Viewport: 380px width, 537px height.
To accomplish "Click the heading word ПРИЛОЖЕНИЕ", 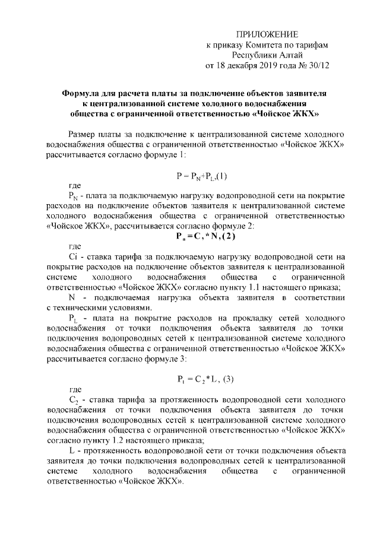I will pyautogui.click(x=267, y=34).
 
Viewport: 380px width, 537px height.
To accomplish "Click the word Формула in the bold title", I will pyautogui.click(x=82, y=93).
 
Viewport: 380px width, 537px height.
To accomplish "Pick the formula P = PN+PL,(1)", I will pyautogui.click(x=201, y=176).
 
